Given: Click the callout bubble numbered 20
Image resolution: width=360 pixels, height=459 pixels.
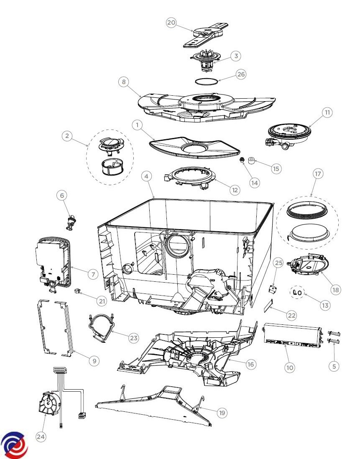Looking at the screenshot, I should pos(171,23).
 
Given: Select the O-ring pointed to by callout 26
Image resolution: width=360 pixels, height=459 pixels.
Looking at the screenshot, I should pos(207,80).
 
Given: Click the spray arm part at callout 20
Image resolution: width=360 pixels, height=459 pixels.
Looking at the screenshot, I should pos(206,36).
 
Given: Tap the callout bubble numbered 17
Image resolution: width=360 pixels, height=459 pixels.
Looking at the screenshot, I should pos(318,174).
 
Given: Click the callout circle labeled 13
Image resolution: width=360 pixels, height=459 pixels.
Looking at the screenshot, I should pos(325,305).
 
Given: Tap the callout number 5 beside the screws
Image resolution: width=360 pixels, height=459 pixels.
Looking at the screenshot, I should pos(334,366).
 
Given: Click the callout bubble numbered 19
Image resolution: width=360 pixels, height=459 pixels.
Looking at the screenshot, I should pos(222,413).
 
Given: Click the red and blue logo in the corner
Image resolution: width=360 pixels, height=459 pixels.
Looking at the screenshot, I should pos(14,444).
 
